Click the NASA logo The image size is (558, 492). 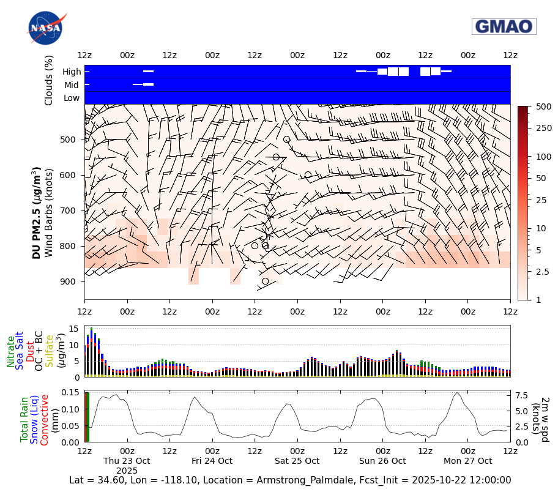(x=46, y=28)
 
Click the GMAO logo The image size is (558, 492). (x=504, y=26)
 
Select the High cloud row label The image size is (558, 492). (x=72, y=72)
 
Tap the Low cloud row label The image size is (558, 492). (x=72, y=98)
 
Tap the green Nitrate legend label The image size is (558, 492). (x=10, y=351)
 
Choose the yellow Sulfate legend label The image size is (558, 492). (x=49, y=351)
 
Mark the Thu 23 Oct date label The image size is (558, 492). (x=127, y=461)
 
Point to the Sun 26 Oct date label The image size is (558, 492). (x=382, y=461)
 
